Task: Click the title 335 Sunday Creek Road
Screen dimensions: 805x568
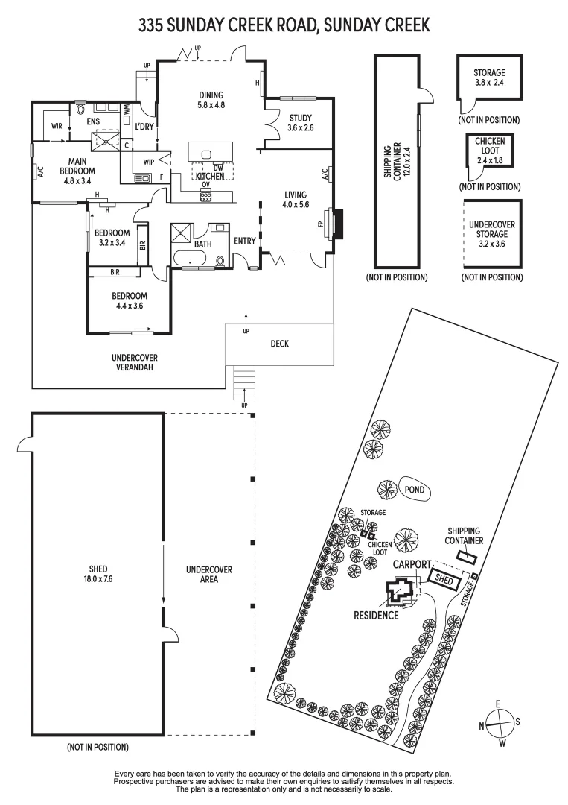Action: (x=284, y=25)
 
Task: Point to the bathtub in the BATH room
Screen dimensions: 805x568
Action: (x=191, y=259)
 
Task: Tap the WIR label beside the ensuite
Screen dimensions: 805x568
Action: (x=57, y=126)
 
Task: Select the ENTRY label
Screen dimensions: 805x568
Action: (x=244, y=241)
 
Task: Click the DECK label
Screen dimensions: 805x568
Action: (x=280, y=344)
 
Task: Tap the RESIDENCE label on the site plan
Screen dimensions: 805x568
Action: (x=376, y=616)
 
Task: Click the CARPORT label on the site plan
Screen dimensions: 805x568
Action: (x=412, y=564)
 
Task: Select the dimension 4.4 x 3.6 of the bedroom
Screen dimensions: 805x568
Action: (x=127, y=306)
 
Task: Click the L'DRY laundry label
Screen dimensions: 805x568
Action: (x=144, y=126)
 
